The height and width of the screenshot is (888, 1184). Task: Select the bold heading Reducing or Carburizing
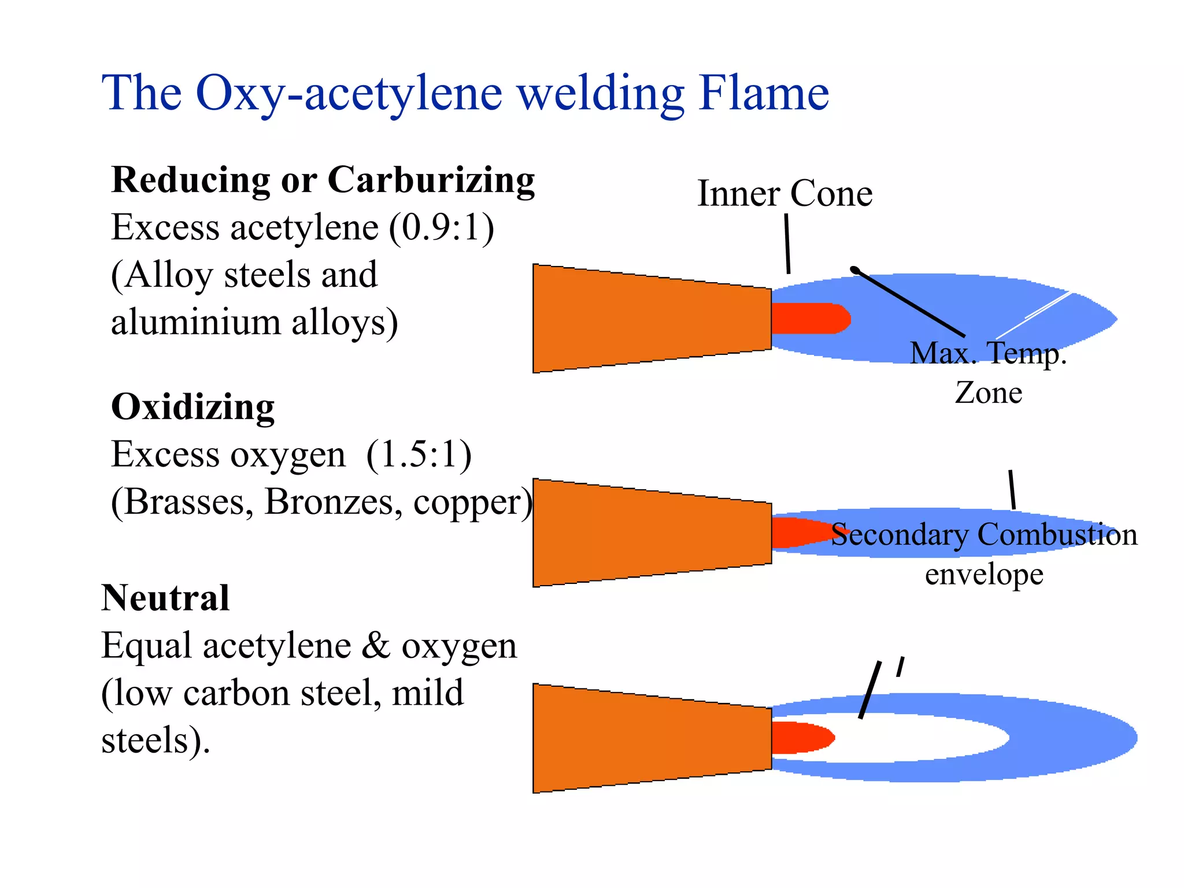(x=323, y=180)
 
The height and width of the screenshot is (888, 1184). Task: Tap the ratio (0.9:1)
(x=442, y=227)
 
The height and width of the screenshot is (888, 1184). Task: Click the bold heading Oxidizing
(x=193, y=407)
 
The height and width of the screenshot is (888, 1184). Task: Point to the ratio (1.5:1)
(x=419, y=454)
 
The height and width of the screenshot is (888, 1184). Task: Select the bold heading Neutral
(x=165, y=598)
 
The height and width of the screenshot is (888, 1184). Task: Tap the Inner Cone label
(x=785, y=193)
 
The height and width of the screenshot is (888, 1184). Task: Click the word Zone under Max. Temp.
(x=988, y=393)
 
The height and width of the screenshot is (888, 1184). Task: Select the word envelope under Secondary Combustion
(x=984, y=575)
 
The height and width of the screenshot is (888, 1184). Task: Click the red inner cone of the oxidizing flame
(x=798, y=532)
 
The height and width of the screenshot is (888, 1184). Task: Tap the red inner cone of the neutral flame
(x=801, y=738)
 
